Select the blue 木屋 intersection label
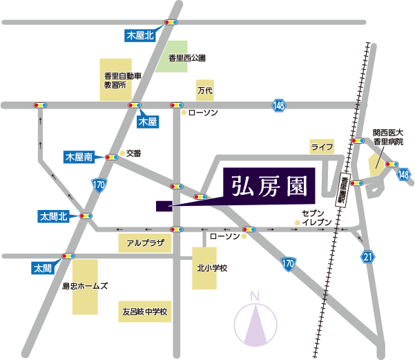pos(148,122)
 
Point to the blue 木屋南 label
pos(79,158)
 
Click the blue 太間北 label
pos(52,216)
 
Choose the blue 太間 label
pos(41,267)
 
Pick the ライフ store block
pos(322,146)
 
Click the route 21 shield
pos(368,257)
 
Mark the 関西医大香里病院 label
pos(389,136)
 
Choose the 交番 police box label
pos(133,153)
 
